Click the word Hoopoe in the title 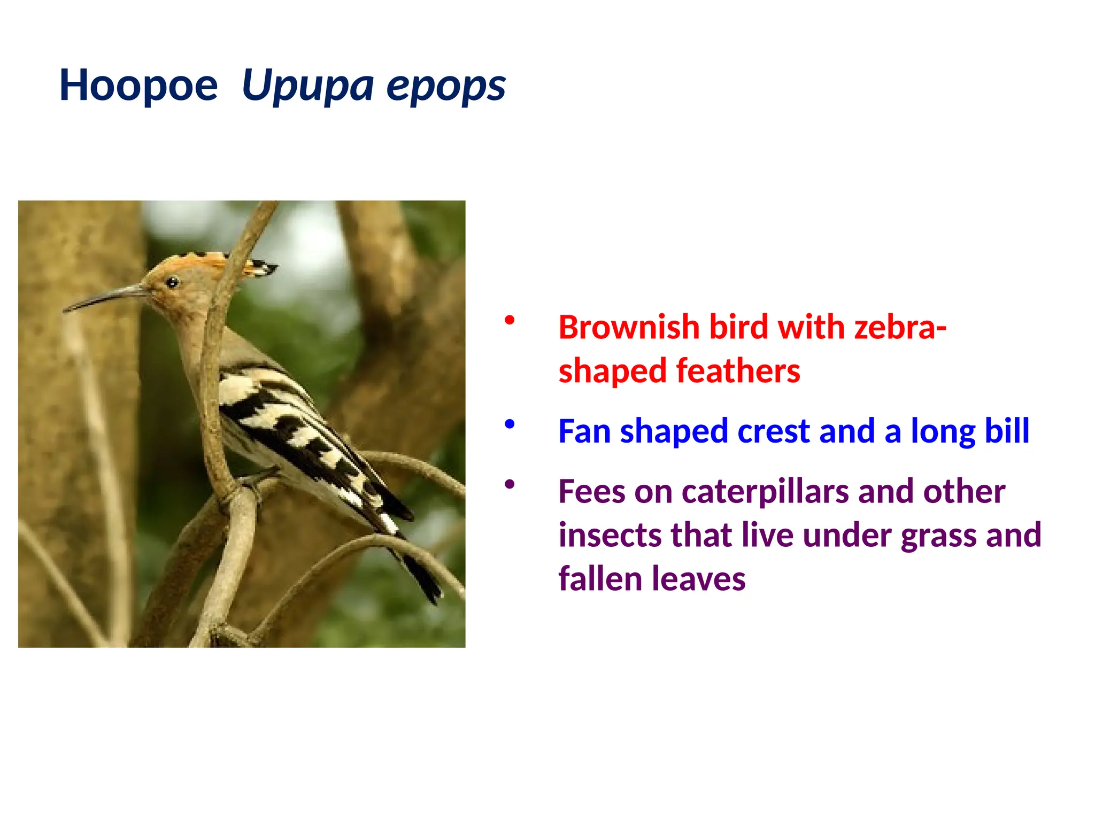click(138, 86)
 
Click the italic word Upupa click(307, 86)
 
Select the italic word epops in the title click(446, 86)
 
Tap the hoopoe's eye click(172, 282)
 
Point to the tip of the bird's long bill click(66, 309)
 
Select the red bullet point click(510, 320)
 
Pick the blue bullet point click(510, 424)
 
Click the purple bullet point click(510, 484)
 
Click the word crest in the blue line click(773, 431)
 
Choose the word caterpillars click(765, 492)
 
